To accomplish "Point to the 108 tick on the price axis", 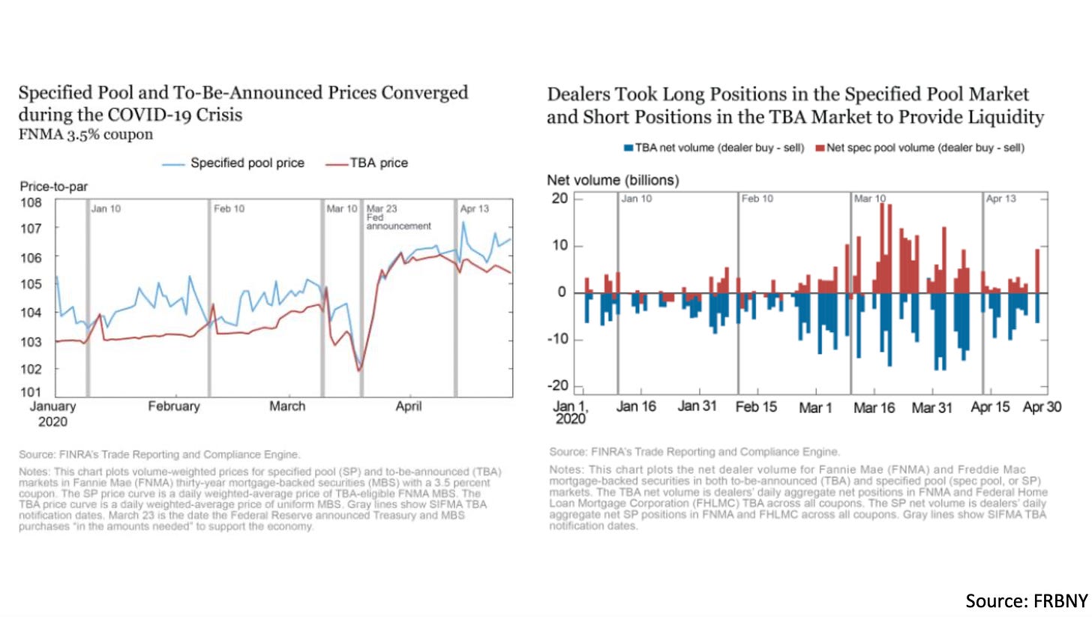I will click(31, 202).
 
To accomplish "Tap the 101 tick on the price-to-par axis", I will click(31, 392).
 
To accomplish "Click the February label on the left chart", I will click(173, 406).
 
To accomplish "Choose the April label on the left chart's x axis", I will click(409, 406).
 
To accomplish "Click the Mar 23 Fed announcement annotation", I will click(398, 217).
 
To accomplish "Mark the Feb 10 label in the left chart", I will click(229, 208).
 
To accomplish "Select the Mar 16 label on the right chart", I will click(875, 409).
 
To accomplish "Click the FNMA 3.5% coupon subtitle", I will click(85, 135).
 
